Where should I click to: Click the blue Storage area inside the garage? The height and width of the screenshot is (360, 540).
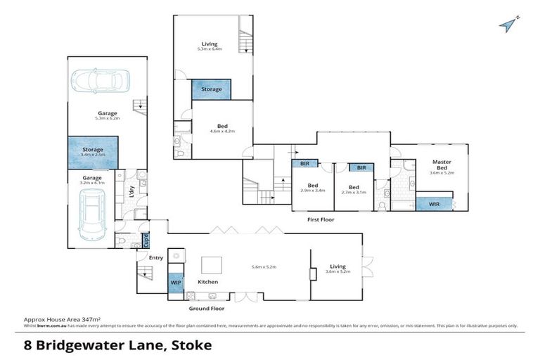tap(93, 153)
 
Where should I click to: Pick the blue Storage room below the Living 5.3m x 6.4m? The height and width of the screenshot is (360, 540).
tap(212, 89)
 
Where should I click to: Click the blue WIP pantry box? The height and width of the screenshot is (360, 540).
tap(175, 282)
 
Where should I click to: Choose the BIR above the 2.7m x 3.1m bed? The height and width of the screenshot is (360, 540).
tap(361, 167)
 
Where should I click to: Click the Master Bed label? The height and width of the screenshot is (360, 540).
tap(441, 165)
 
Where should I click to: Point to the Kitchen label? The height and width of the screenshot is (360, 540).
tap(207, 281)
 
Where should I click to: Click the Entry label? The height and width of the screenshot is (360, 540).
tap(156, 257)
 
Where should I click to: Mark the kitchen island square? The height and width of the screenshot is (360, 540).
tap(212, 264)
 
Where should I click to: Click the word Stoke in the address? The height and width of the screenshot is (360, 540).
tap(191, 345)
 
